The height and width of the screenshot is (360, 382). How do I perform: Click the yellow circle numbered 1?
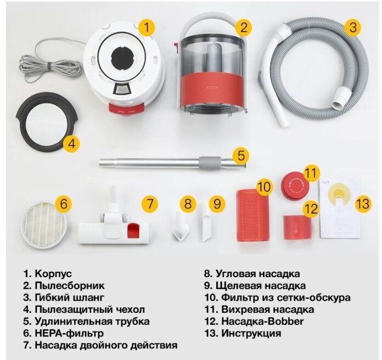pyautogui.click(x=147, y=27)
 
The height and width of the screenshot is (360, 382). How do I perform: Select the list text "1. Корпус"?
pyautogui.click(x=47, y=273)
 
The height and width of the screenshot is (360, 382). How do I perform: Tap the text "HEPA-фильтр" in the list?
pyautogui.click(x=68, y=333)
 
